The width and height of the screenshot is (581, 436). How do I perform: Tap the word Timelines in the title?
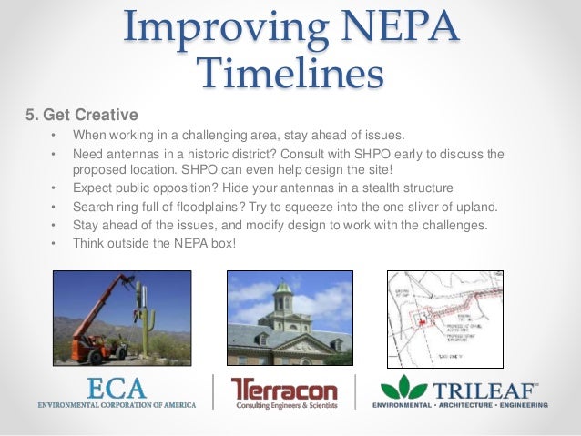[290, 74]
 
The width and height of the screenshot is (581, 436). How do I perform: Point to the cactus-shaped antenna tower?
[142, 319]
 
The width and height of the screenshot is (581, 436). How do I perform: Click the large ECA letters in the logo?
[116, 388]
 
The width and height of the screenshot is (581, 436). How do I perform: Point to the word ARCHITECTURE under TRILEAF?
[464, 404]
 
